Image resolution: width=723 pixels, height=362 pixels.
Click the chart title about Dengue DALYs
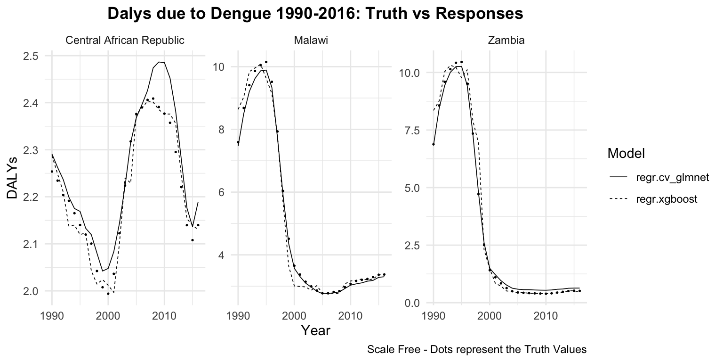tap(315, 14)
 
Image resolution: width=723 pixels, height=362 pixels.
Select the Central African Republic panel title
tap(125, 41)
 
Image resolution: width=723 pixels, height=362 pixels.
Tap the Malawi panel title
tap(311, 41)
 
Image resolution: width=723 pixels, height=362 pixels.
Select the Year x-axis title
tap(316, 331)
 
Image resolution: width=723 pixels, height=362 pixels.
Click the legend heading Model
tap(626, 153)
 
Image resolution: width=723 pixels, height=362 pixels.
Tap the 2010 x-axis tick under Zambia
tap(546, 315)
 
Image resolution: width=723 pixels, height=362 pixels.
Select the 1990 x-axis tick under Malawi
tap(238, 315)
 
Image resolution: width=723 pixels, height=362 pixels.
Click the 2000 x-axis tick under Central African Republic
tap(108, 315)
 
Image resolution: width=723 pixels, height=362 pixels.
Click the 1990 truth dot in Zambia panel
tap(434, 144)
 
